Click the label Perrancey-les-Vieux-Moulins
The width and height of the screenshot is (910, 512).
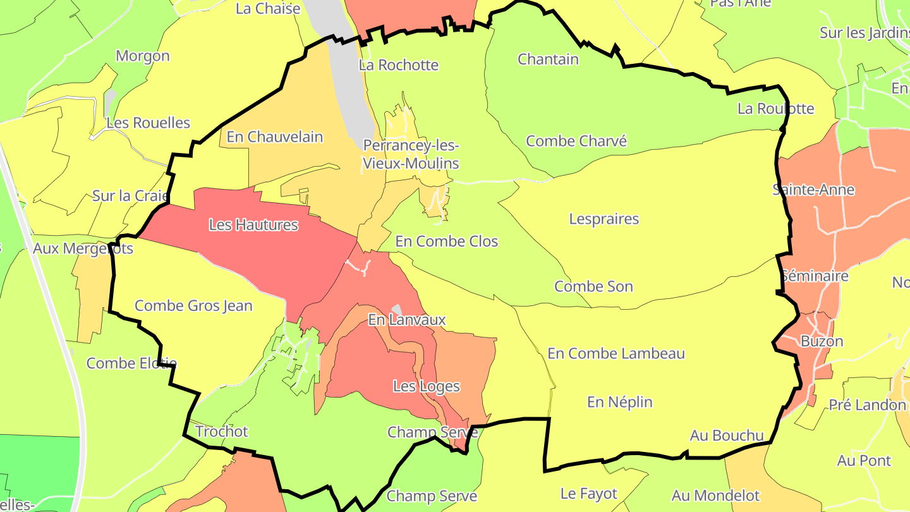tap(410, 154)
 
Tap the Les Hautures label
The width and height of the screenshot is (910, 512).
tap(253, 224)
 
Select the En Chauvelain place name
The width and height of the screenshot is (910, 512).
tap(274, 137)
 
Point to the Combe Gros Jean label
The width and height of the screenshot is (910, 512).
tap(193, 306)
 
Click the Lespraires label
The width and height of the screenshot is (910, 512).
tap(604, 219)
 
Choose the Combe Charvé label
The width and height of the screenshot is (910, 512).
tap(576, 141)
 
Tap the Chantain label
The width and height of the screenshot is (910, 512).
tap(548, 59)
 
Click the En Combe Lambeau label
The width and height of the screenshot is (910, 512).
tap(616, 353)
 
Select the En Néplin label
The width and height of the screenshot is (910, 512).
tap(619, 402)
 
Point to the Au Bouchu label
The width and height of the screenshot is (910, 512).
tap(726, 436)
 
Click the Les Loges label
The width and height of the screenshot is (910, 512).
tap(426, 386)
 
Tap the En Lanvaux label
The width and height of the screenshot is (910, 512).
tap(406, 320)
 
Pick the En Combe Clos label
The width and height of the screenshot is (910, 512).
tap(446, 241)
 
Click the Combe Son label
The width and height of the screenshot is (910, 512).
tap(593, 286)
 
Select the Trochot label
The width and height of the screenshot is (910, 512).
tap(222, 432)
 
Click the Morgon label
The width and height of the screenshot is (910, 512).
tap(143, 56)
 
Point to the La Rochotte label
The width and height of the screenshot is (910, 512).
tap(398, 65)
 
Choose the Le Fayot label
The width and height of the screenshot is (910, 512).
tap(588, 493)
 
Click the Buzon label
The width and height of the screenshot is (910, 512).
tap(822, 341)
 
